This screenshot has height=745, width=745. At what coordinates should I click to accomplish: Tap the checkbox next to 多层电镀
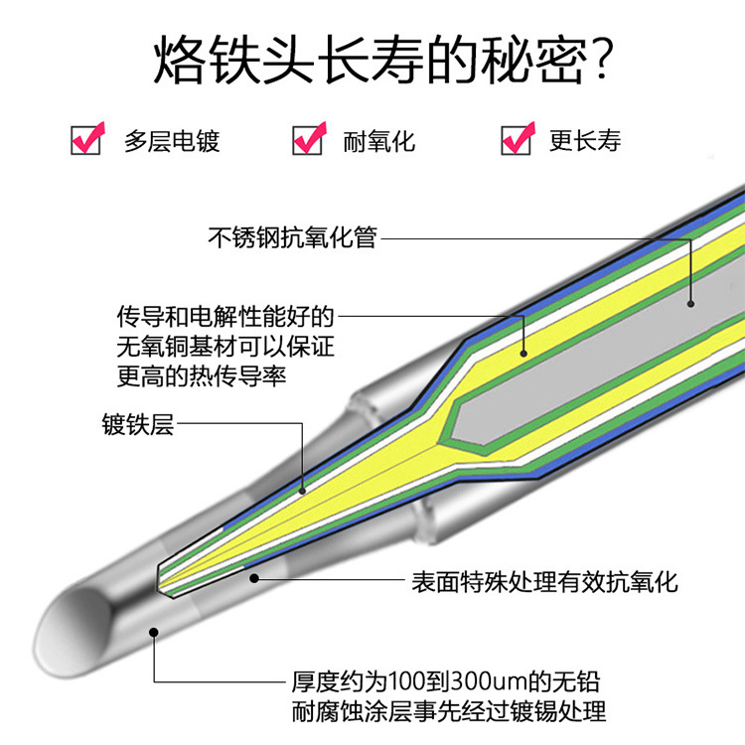[86, 139]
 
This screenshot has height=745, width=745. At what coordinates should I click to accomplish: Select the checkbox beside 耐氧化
[307, 139]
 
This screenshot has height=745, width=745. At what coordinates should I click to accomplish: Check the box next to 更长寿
[516, 139]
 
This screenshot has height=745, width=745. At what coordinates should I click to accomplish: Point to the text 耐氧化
[379, 140]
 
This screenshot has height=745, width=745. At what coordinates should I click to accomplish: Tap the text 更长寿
[585, 140]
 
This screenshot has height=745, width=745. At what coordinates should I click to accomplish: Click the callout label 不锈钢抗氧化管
[293, 237]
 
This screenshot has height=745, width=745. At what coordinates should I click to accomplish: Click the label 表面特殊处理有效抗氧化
[544, 581]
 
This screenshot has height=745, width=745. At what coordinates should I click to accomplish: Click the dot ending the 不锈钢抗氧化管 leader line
[691, 300]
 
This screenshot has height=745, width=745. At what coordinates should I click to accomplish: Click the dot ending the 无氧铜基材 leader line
[523, 350]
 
